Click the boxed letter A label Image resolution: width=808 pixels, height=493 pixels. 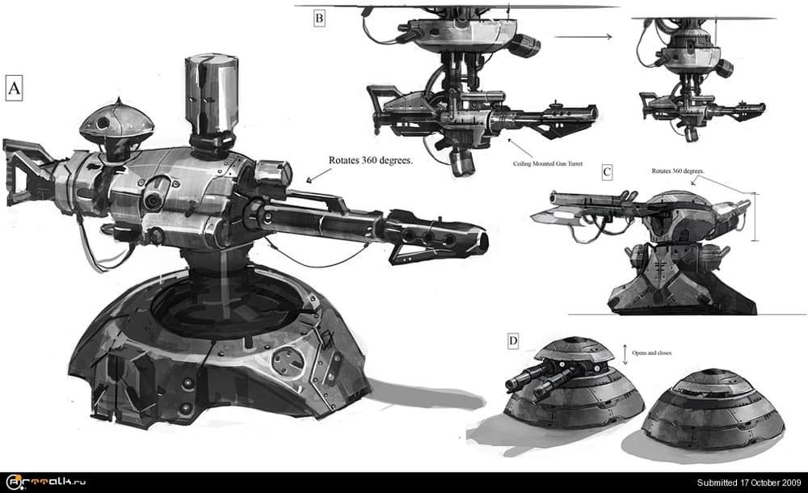click(13, 87)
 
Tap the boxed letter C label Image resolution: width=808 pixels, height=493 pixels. click(608, 172)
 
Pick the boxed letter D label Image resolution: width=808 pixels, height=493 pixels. click(513, 342)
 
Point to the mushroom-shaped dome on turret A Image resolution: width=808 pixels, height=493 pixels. click(117, 122)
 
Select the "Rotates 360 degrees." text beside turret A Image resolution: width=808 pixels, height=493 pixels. click(371, 160)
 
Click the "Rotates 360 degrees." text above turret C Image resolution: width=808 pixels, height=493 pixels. click(678, 171)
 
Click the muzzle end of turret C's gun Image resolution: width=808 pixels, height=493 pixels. click(553, 196)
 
